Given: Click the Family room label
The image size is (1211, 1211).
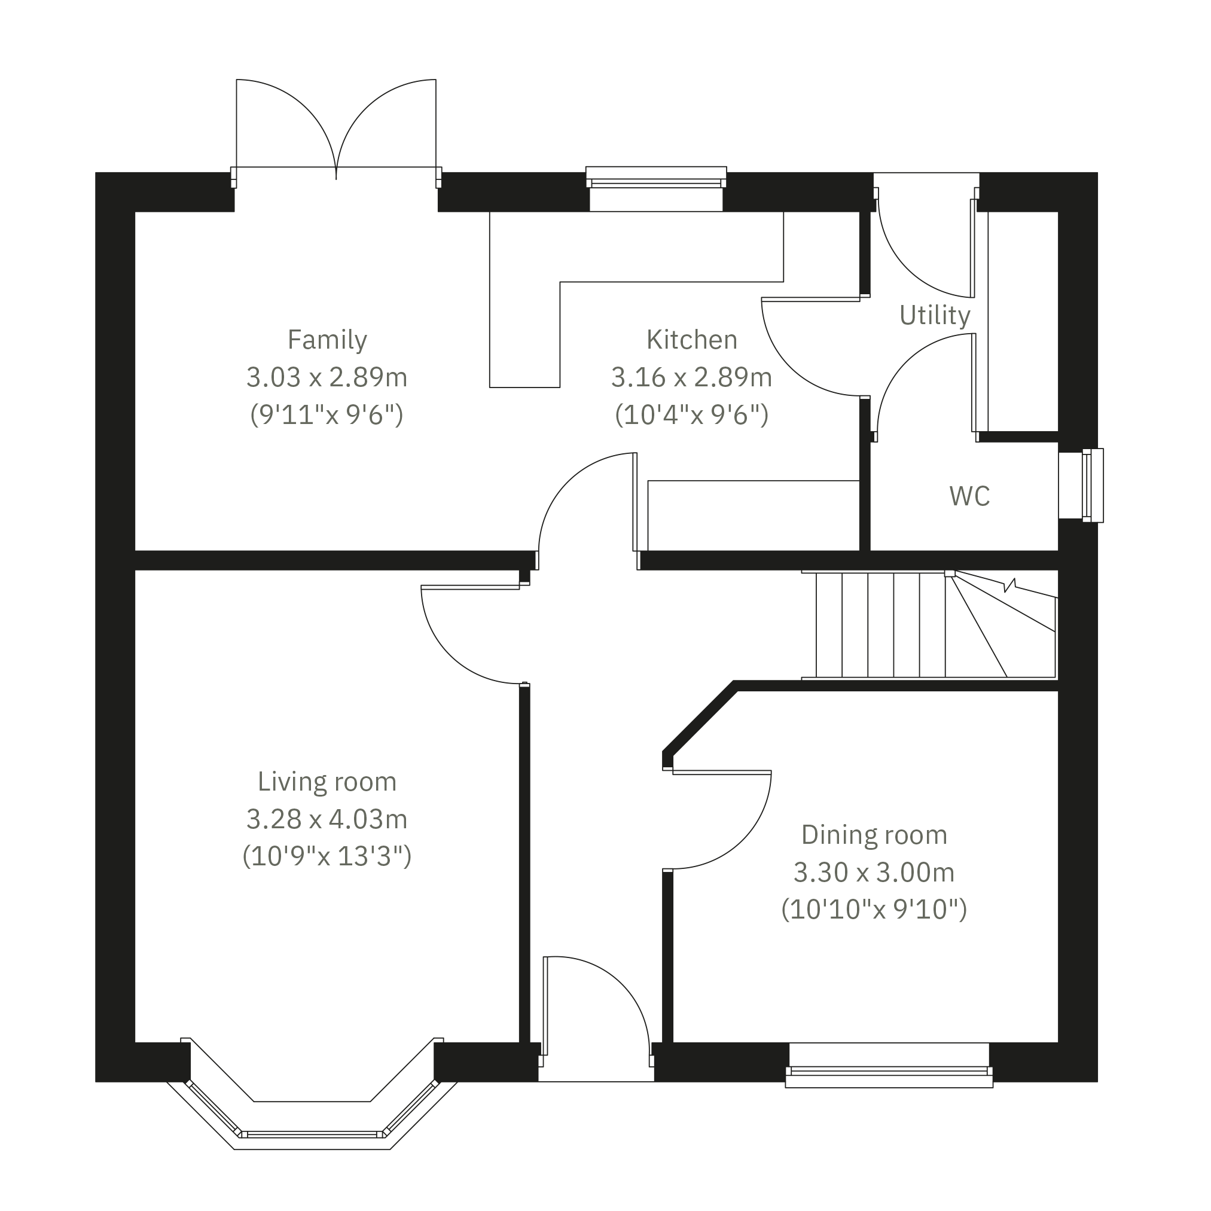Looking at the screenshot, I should click(x=327, y=340).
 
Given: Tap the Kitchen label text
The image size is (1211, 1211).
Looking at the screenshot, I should click(x=691, y=340).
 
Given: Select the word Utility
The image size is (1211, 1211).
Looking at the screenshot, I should click(x=934, y=315).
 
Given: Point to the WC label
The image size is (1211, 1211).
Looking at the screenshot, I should click(x=969, y=496).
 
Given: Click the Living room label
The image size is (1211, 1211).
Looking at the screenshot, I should click(x=327, y=782).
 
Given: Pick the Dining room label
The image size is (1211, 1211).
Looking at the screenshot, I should click(x=874, y=835).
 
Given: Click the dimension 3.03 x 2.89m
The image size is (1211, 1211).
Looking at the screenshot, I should click(x=327, y=377).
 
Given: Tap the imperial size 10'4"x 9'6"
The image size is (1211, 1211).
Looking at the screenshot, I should click(x=691, y=414).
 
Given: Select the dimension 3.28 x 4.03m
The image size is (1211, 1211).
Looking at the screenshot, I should click(x=327, y=819).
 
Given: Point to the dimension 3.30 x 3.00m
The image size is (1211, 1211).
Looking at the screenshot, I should click(x=874, y=872).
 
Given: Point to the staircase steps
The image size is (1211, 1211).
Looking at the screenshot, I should click(x=880, y=625).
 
